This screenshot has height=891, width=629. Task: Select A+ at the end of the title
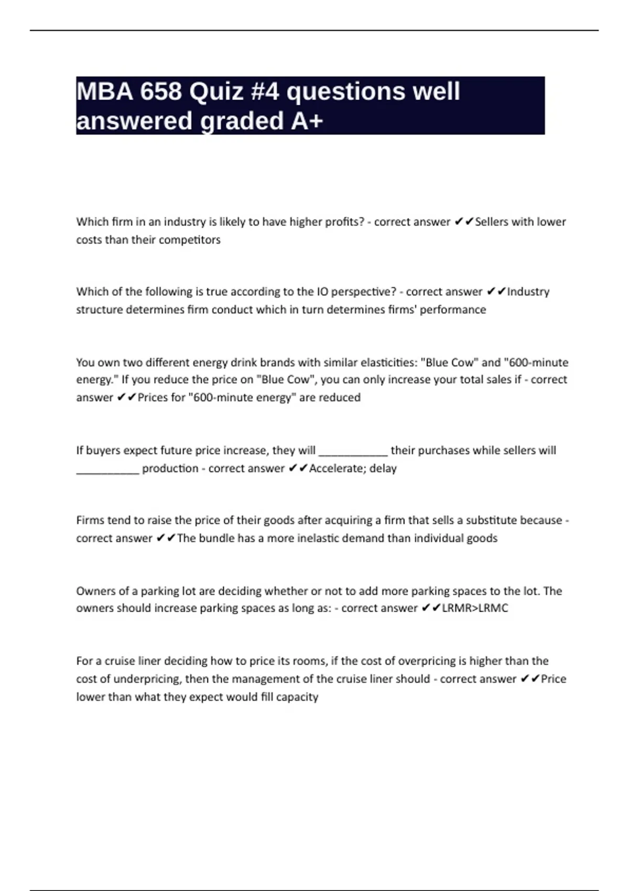307,121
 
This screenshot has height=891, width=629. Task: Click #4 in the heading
265,92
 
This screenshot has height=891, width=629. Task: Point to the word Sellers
491,222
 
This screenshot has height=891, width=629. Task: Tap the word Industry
528,292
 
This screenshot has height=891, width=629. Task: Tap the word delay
383,468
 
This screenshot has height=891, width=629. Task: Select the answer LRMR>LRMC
475,609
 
